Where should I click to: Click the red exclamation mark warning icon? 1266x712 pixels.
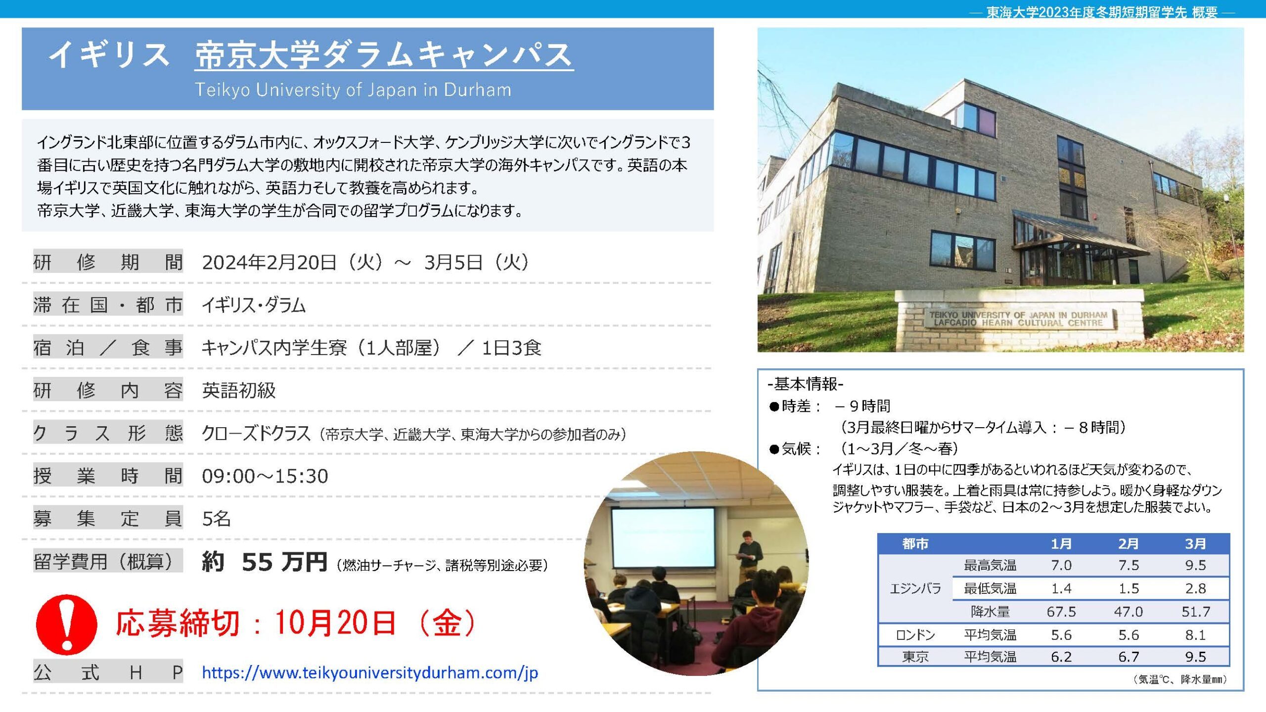click(x=66, y=624)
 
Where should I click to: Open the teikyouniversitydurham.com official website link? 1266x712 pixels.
click(x=370, y=672)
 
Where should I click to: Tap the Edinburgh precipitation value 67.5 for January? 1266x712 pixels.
click(x=1061, y=612)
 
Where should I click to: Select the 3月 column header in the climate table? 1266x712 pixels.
click(x=1195, y=544)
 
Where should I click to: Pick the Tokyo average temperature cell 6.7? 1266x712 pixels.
click(x=1129, y=657)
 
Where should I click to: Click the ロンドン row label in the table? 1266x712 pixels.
click(x=915, y=635)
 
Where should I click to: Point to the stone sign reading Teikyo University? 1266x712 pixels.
click(x=1019, y=319)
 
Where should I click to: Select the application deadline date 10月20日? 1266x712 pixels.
click(x=335, y=623)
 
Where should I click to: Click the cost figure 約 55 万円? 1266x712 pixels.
click(x=265, y=562)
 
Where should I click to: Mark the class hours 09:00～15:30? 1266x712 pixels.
click(x=265, y=476)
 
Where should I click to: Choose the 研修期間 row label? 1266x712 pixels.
click(x=108, y=262)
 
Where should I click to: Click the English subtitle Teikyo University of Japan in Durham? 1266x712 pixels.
click(x=353, y=89)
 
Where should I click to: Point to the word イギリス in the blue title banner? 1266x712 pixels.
click(x=109, y=55)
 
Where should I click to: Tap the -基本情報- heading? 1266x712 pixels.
click(x=806, y=384)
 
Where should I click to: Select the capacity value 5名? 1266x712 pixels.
click(x=216, y=519)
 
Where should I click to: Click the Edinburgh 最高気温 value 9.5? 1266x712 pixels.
click(x=1195, y=565)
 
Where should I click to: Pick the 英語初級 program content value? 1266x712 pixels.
click(x=239, y=391)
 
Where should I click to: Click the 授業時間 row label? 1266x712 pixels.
click(x=108, y=476)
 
